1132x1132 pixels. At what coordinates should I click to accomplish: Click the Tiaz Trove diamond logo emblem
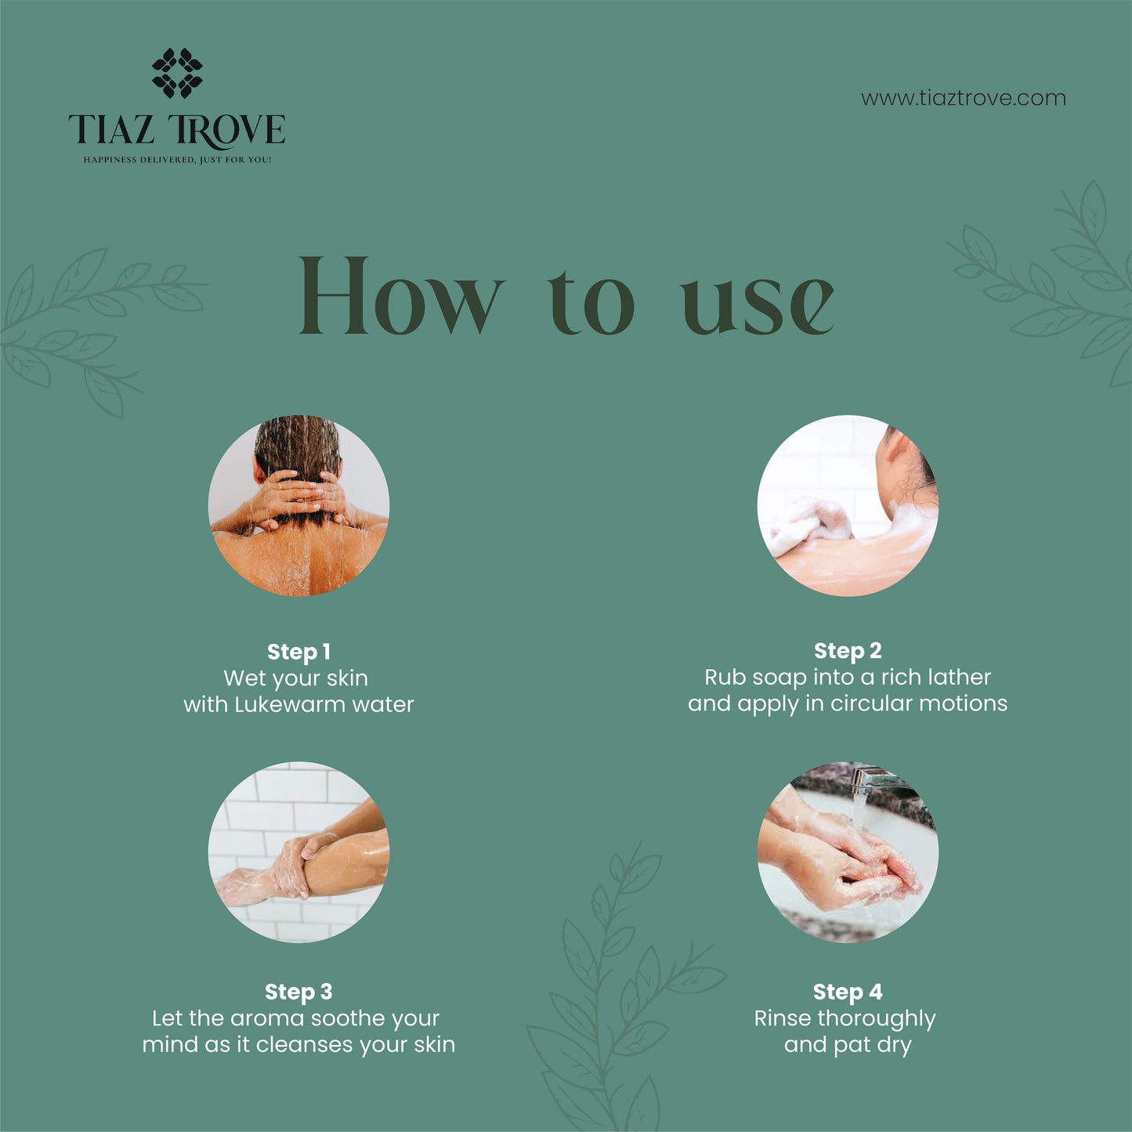coord(177,73)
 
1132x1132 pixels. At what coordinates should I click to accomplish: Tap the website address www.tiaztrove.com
coord(963,99)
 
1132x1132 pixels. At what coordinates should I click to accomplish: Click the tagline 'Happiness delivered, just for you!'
coord(177,160)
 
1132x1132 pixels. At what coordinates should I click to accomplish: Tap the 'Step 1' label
coord(298,652)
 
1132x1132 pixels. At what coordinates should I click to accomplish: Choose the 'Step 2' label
coord(848,650)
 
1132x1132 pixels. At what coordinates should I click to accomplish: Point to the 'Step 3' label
coord(298,992)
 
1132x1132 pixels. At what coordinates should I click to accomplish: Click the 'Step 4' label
coord(848,992)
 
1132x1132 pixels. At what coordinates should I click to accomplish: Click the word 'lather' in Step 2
coord(955,677)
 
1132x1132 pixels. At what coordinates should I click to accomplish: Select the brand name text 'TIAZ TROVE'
coord(177,130)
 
